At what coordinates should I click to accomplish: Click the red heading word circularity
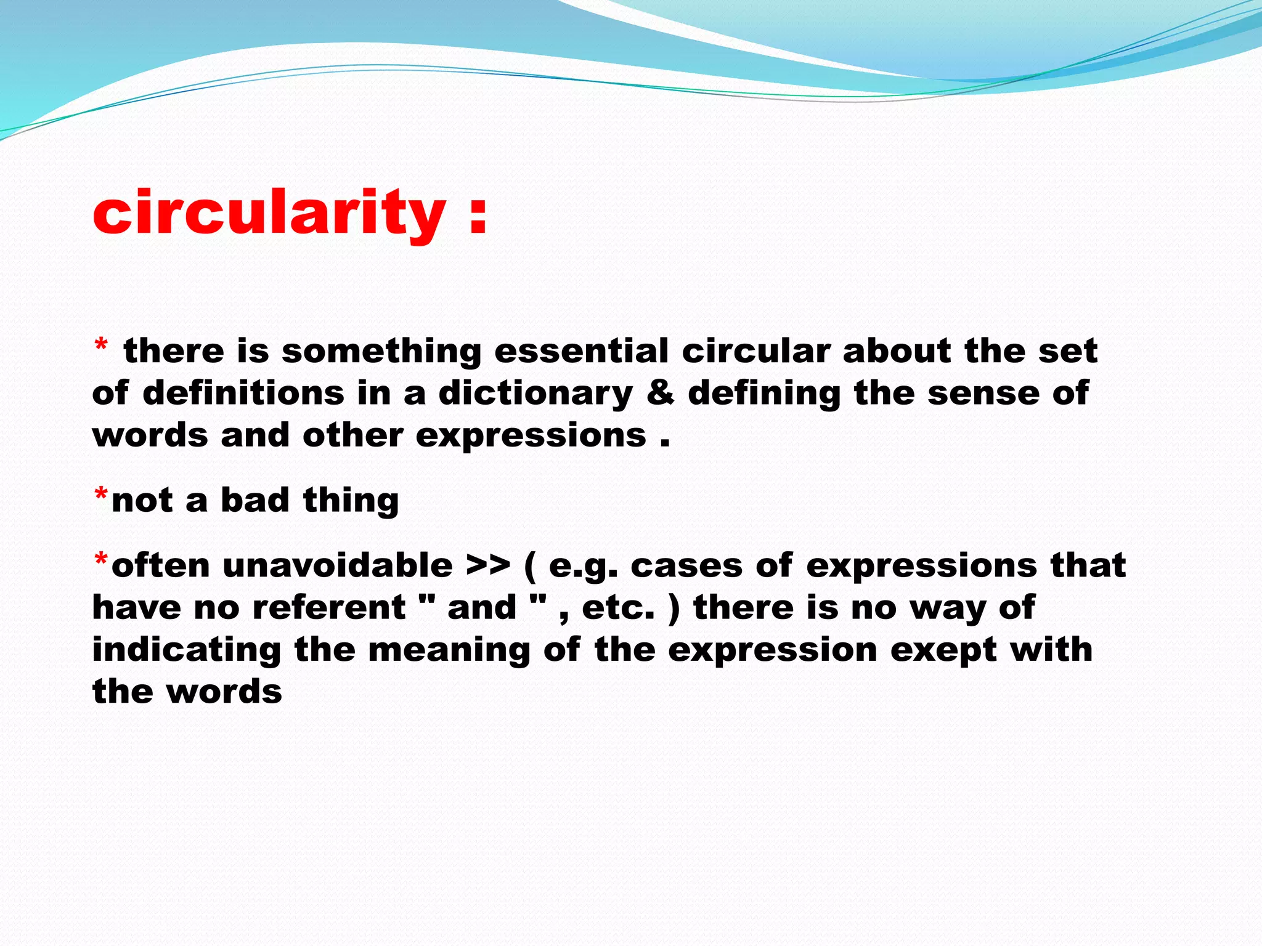tap(269, 212)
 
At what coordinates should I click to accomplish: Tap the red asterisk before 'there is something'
tap(100, 347)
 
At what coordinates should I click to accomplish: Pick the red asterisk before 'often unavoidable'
tap(101, 560)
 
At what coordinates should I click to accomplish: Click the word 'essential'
tap(581, 350)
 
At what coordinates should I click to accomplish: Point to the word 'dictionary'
tap(535, 394)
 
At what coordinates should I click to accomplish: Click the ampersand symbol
tap(660, 393)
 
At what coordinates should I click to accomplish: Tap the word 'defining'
tap(763, 394)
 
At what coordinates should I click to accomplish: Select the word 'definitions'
tap(243, 393)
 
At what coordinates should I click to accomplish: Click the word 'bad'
tap(254, 499)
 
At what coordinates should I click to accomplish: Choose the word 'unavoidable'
tap(337, 565)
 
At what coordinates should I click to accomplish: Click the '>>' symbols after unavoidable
tap(488, 565)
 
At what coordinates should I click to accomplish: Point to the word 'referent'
tap(329, 607)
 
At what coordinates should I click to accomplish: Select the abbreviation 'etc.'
tap(617, 607)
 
